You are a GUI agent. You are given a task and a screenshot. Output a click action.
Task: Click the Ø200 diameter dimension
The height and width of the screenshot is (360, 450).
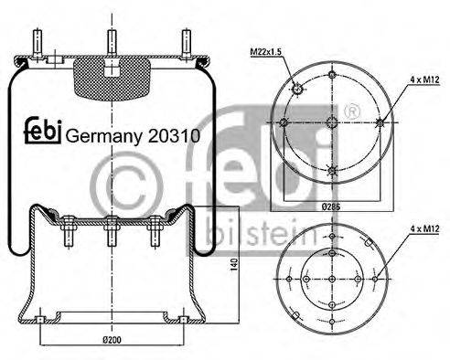(111, 340)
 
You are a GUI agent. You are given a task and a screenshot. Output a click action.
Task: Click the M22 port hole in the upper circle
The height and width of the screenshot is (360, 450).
(296, 89)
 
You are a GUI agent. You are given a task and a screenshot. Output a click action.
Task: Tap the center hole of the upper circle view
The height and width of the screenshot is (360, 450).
(331, 122)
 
